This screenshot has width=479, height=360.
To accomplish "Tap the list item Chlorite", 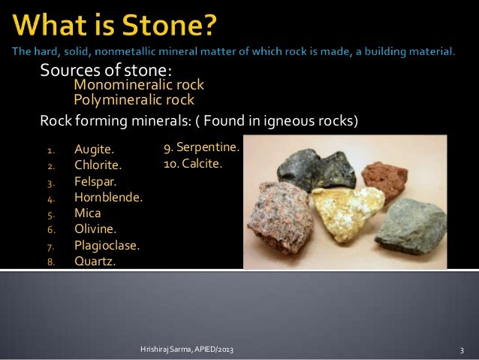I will (x=97, y=165).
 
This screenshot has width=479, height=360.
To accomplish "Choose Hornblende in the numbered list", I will (x=108, y=197).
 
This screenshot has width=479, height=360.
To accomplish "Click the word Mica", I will (x=87, y=213).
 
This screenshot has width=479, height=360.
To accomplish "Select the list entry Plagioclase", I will (x=107, y=245).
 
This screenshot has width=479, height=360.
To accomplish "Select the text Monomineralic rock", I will (x=138, y=86).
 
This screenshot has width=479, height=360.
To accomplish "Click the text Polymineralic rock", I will (x=133, y=99).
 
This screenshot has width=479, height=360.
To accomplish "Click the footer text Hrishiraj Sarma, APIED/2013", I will (x=191, y=350).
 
